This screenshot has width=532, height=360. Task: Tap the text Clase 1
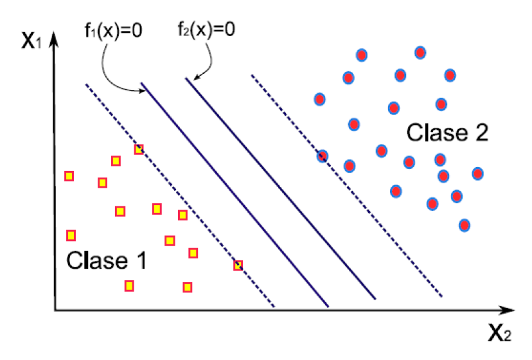pyautogui.click(x=107, y=260)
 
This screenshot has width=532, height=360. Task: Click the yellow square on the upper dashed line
pyautogui.click(x=139, y=150)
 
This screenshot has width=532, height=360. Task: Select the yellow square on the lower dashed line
pyautogui.click(x=238, y=265)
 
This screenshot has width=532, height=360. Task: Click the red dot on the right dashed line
pyautogui.click(x=323, y=156)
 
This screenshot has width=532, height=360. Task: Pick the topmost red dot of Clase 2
pyautogui.click(x=420, y=52)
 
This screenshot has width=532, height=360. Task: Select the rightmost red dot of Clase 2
pyautogui.click(x=477, y=173)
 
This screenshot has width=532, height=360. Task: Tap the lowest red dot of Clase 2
pyautogui.click(x=465, y=225)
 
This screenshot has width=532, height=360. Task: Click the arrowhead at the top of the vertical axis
pyautogui.click(x=55, y=39)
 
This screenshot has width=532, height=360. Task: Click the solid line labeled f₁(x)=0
pyautogui.click(x=235, y=193)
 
